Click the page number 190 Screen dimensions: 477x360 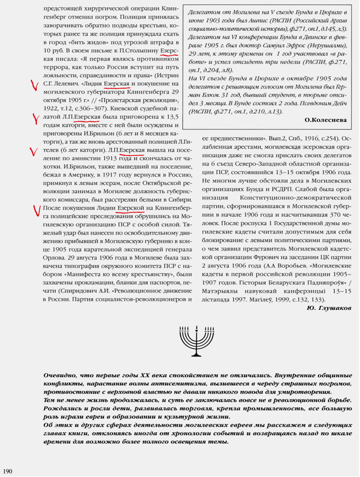click(x=8, y=469)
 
